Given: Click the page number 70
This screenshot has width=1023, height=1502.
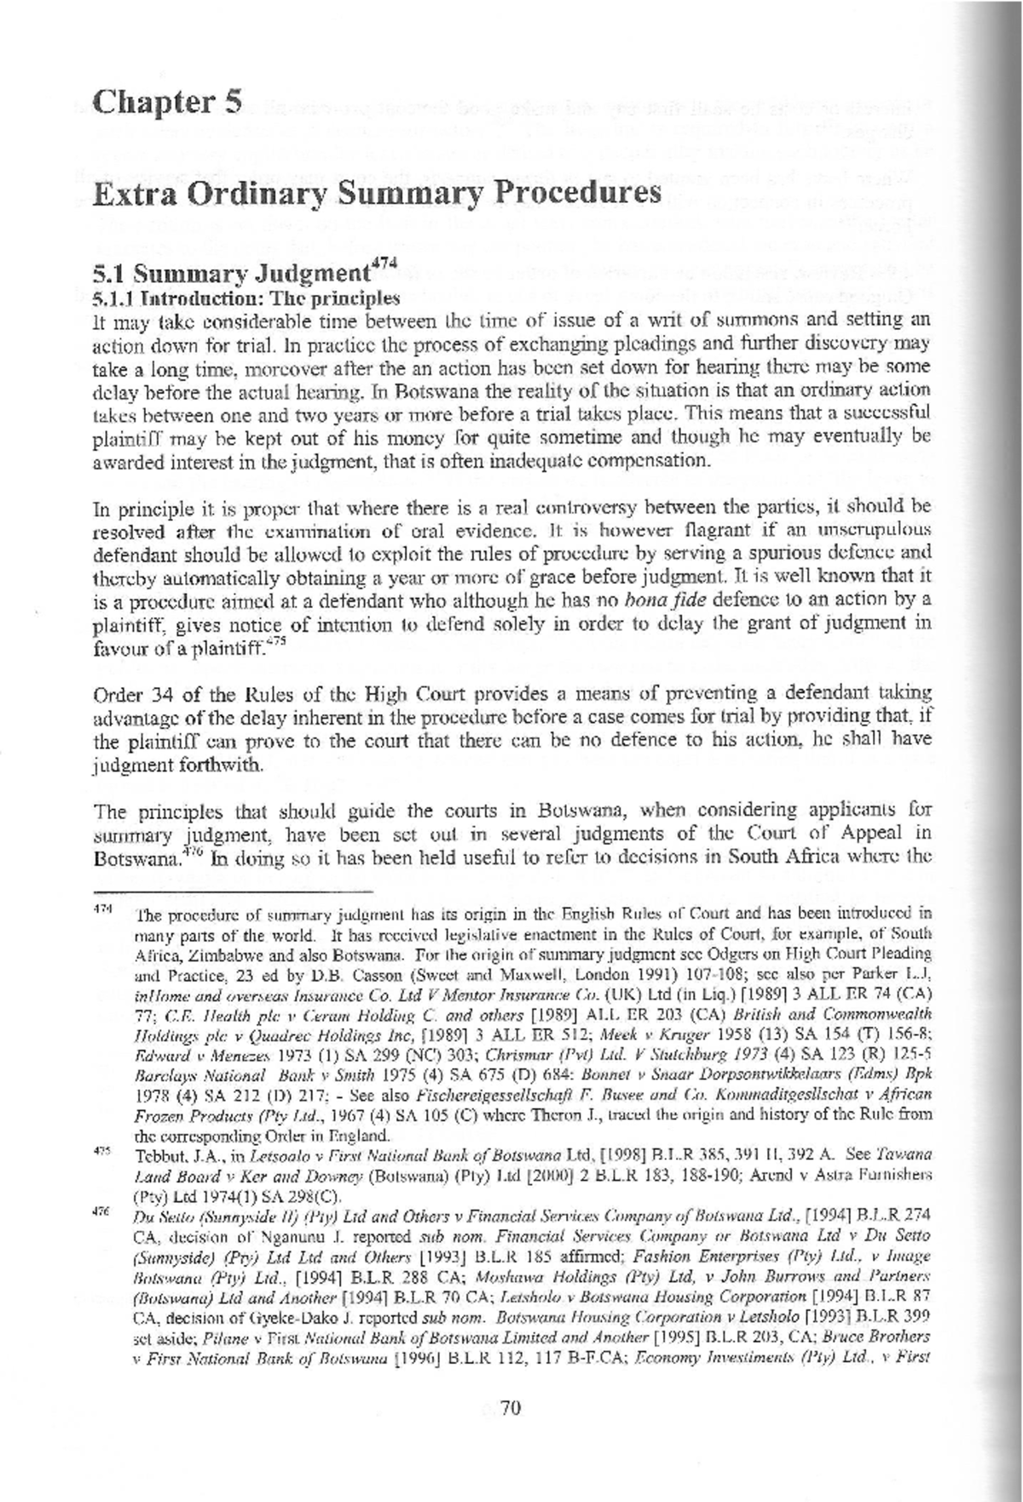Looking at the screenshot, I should point(510,1408).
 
